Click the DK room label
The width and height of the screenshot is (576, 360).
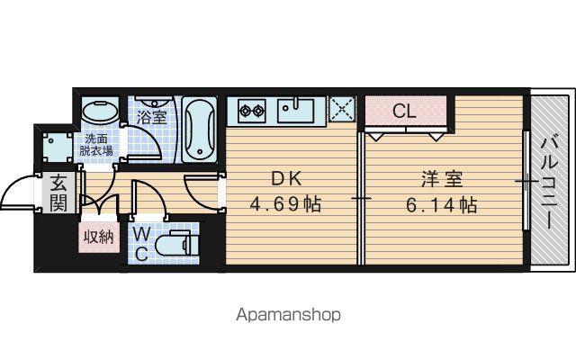pyautogui.click(x=286, y=179)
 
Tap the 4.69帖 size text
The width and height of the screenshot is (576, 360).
pyautogui.click(x=286, y=204)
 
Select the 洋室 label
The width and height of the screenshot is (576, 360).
pyautogui.click(x=442, y=179)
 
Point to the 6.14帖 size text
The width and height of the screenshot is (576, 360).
pyautogui.click(x=442, y=205)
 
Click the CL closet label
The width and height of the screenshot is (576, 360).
pyautogui.click(x=404, y=111)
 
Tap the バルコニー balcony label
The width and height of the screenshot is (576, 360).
pyautogui.click(x=550, y=183)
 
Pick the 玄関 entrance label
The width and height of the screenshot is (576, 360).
pyautogui.click(x=58, y=193)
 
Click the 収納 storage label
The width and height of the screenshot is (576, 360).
pyautogui.click(x=99, y=238)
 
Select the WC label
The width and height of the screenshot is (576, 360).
pyautogui.click(x=140, y=244)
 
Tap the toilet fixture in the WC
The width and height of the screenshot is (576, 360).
pyautogui.click(x=177, y=244)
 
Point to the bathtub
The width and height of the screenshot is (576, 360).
pyautogui.click(x=199, y=130)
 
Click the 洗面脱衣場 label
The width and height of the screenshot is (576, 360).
pyautogui.click(x=96, y=145)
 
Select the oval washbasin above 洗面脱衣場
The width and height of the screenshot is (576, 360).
pyautogui.click(x=100, y=111)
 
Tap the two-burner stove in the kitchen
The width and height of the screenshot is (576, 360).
pyautogui.click(x=252, y=110)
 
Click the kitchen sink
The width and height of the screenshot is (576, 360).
pyautogui.click(x=296, y=110)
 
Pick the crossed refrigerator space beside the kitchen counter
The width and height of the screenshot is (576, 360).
pyautogui.click(x=342, y=109)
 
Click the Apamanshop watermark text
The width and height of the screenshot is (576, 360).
pyautogui.click(x=288, y=315)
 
